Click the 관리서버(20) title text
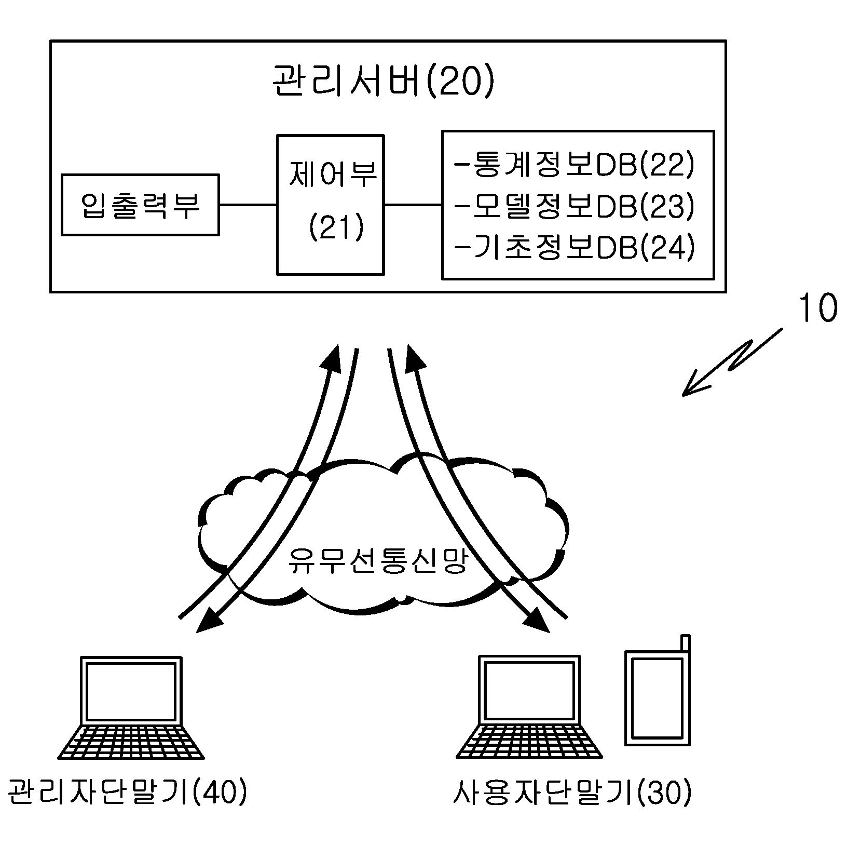pyautogui.click(x=383, y=82)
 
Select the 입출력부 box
pyautogui.click(x=140, y=205)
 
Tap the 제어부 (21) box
pyautogui.click(x=331, y=205)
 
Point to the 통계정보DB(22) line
pyautogui.click(x=573, y=166)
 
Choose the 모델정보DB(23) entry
pyautogui.click(x=573, y=207)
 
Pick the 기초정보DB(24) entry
pyautogui.click(x=573, y=248)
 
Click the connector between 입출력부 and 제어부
pyautogui.click(x=248, y=205)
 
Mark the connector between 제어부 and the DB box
pyautogui.click(x=413, y=205)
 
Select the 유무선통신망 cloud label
pyautogui.click(x=378, y=560)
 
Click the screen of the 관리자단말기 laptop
pyautogui.click(x=131, y=691)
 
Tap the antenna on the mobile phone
pyautogui.click(x=686, y=643)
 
